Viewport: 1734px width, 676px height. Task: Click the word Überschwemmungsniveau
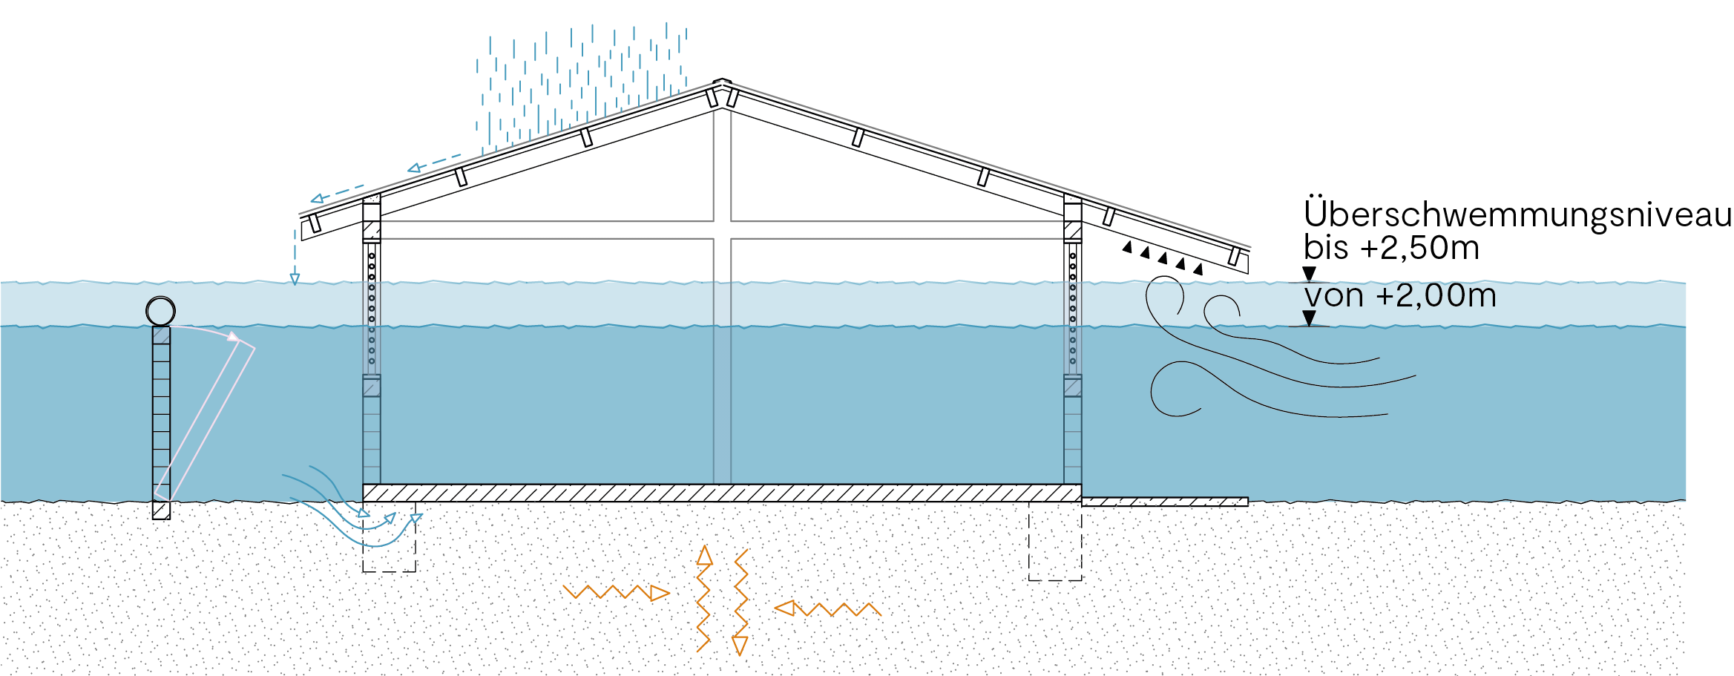(x=1517, y=214)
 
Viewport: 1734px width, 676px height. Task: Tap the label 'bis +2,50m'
(x=1391, y=248)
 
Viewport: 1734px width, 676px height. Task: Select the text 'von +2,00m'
(x=1400, y=296)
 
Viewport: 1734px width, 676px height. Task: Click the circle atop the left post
(x=160, y=311)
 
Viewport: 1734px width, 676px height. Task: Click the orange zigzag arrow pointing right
(x=616, y=592)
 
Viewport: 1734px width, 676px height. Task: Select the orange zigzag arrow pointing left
(x=827, y=609)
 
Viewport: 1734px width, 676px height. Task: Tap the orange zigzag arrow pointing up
(x=703, y=598)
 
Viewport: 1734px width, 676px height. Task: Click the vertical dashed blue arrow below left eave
(x=295, y=256)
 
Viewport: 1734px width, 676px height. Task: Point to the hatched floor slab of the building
(x=721, y=493)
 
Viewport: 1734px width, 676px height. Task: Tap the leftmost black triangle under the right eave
(x=1127, y=247)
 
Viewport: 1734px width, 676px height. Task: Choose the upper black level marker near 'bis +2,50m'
(x=1310, y=274)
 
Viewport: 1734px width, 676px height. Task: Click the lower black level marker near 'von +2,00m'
(x=1310, y=318)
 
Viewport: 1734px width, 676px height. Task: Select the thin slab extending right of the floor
(x=1165, y=502)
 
